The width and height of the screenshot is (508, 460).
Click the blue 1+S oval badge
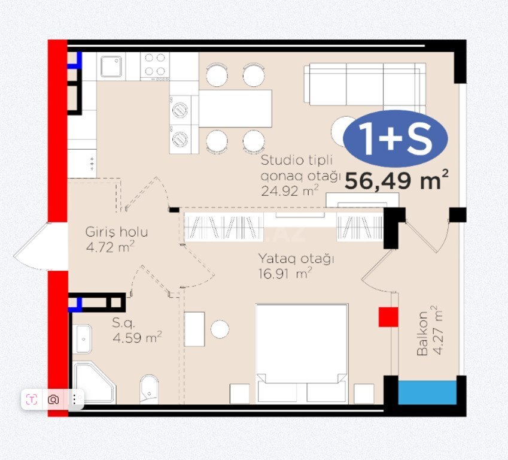point(396,139)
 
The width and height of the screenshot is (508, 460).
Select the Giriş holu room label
point(117,232)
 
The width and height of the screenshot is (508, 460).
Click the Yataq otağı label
point(296,259)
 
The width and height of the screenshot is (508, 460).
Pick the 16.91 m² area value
point(285,274)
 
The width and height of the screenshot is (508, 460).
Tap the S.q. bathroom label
point(123,323)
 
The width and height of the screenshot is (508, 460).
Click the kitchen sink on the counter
point(111,66)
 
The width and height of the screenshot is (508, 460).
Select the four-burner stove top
point(154,66)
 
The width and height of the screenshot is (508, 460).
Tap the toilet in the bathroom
point(149,389)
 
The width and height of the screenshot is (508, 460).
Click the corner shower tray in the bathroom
point(95,383)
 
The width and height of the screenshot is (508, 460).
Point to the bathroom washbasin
point(82,339)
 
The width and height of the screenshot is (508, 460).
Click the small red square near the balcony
point(388,317)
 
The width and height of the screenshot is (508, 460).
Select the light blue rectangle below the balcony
point(427,393)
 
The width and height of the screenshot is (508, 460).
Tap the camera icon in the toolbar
point(53,400)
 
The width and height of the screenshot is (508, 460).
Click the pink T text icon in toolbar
point(32,400)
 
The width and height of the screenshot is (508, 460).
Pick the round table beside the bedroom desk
point(220,329)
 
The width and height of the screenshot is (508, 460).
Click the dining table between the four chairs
point(235,108)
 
